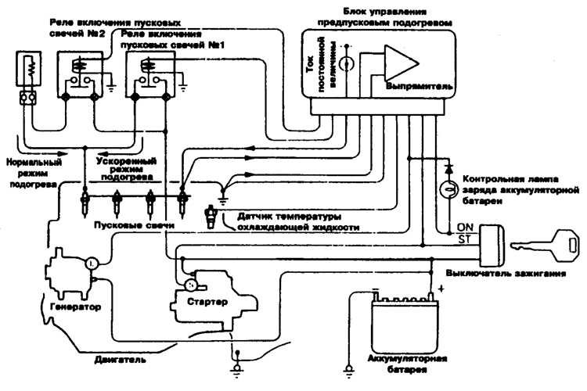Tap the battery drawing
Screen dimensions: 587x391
405,324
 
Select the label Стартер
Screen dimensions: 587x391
207,302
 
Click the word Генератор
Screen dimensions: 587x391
76,307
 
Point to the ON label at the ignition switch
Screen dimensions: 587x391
465,227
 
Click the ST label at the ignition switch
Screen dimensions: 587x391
465,239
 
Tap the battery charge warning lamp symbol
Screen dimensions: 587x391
449,188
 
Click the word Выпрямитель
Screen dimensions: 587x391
419,87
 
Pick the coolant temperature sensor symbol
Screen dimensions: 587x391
210,217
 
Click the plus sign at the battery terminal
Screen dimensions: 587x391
441,289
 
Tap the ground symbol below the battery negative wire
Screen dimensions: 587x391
349,371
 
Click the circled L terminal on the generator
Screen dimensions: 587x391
92,264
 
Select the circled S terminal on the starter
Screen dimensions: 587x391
190,285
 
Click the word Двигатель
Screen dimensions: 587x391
121,360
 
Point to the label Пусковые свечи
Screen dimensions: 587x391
134,225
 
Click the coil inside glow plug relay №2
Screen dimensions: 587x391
79,64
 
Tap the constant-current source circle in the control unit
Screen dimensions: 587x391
346,63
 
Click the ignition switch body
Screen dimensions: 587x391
492,245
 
